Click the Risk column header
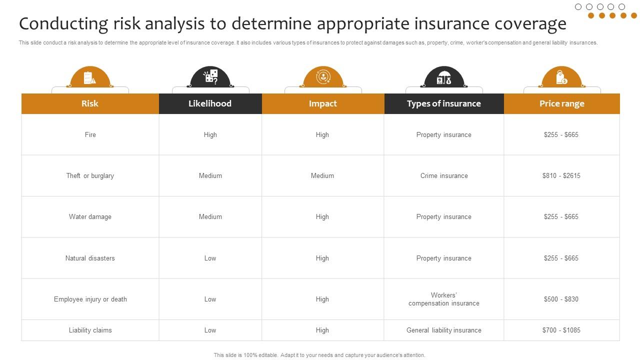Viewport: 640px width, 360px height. point(90,103)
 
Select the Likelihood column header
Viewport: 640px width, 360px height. point(210,103)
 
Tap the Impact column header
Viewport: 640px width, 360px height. point(322,103)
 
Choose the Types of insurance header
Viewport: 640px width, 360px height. point(443,103)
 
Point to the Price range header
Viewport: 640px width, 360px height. point(561,103)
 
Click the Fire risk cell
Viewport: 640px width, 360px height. point(90,134)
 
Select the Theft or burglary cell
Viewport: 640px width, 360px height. point(90,175)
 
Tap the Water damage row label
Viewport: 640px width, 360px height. point(90,216)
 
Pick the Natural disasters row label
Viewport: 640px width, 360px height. point(90,258)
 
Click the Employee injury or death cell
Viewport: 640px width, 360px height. point(90,299)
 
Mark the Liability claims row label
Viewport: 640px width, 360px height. point(90,330)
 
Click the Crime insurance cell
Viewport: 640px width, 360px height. point(444,175)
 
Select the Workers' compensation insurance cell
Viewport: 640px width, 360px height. point(444,299)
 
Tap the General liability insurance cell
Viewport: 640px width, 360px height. point(444,330)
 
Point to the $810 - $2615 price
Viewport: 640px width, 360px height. point(561,175)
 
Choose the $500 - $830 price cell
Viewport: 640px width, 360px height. point(561,299)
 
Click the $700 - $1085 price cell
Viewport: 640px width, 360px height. point(561,330)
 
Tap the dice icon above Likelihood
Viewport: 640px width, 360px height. point(210,76)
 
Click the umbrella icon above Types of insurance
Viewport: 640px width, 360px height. point(444,78)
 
